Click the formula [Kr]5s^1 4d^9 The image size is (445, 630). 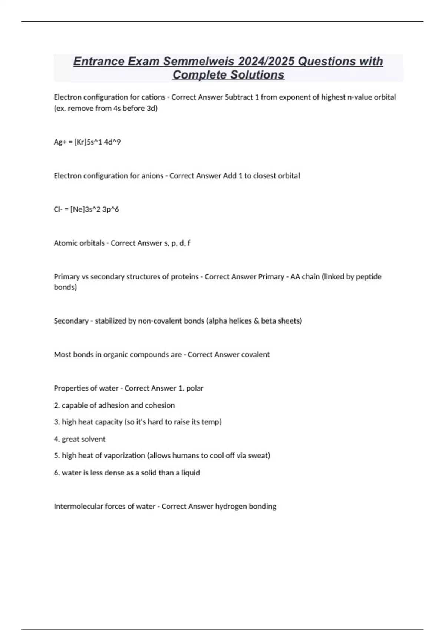(x=98, y=142)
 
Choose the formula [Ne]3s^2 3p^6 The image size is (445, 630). (x=95, y=209)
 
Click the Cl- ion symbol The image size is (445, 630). (x=58, y=209)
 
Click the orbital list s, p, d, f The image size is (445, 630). (x=177, y=243)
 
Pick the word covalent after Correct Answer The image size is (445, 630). (x=256, y=355)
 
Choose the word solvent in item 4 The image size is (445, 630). (x=94, y=439)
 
